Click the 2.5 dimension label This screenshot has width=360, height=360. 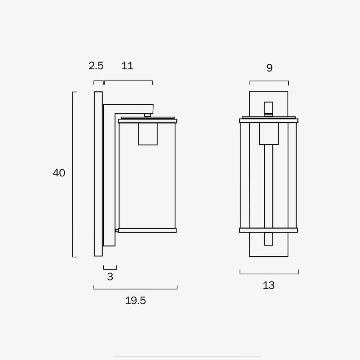[x=96, y=66]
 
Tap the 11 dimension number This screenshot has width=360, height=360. [x=127, y=66]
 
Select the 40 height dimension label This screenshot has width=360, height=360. [x=59, y=173]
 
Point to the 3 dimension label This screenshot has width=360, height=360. [x=110, y=277]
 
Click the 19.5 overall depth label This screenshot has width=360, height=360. [x=135, y=301]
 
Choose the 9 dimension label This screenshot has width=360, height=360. [x=269, y=68]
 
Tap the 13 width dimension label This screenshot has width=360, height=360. [x=269, y=285]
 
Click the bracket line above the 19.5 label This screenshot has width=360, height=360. [x=135, y=289]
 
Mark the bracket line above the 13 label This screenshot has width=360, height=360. [x=269, y=274]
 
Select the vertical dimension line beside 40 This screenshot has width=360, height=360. [x=73, y=174]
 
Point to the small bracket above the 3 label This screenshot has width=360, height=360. [x=110, y=269]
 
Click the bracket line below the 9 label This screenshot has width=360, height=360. [x=269, y=81]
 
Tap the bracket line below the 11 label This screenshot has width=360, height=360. [x=128, y=81]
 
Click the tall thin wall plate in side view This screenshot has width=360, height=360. [x=98, y=174]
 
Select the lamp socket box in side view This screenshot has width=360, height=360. [x=148, y=134]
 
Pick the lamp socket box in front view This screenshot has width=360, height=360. [x=269, y=134]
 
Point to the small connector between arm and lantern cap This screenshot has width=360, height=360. [x=147, y=115]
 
